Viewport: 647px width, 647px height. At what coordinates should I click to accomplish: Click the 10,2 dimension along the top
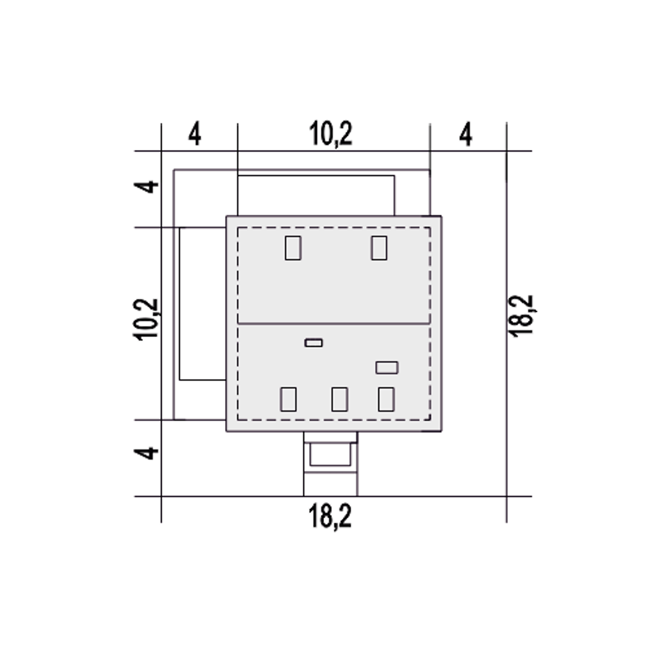click(331, 134)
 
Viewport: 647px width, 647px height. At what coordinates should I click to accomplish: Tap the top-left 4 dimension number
click(195, 134)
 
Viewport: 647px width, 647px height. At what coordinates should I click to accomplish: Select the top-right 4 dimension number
click(466, 134)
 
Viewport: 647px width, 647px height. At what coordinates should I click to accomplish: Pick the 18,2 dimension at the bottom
click(330, 517)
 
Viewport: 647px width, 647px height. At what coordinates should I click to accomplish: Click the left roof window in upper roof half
click(293, 248)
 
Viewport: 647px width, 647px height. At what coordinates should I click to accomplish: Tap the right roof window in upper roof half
click(379, 248)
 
